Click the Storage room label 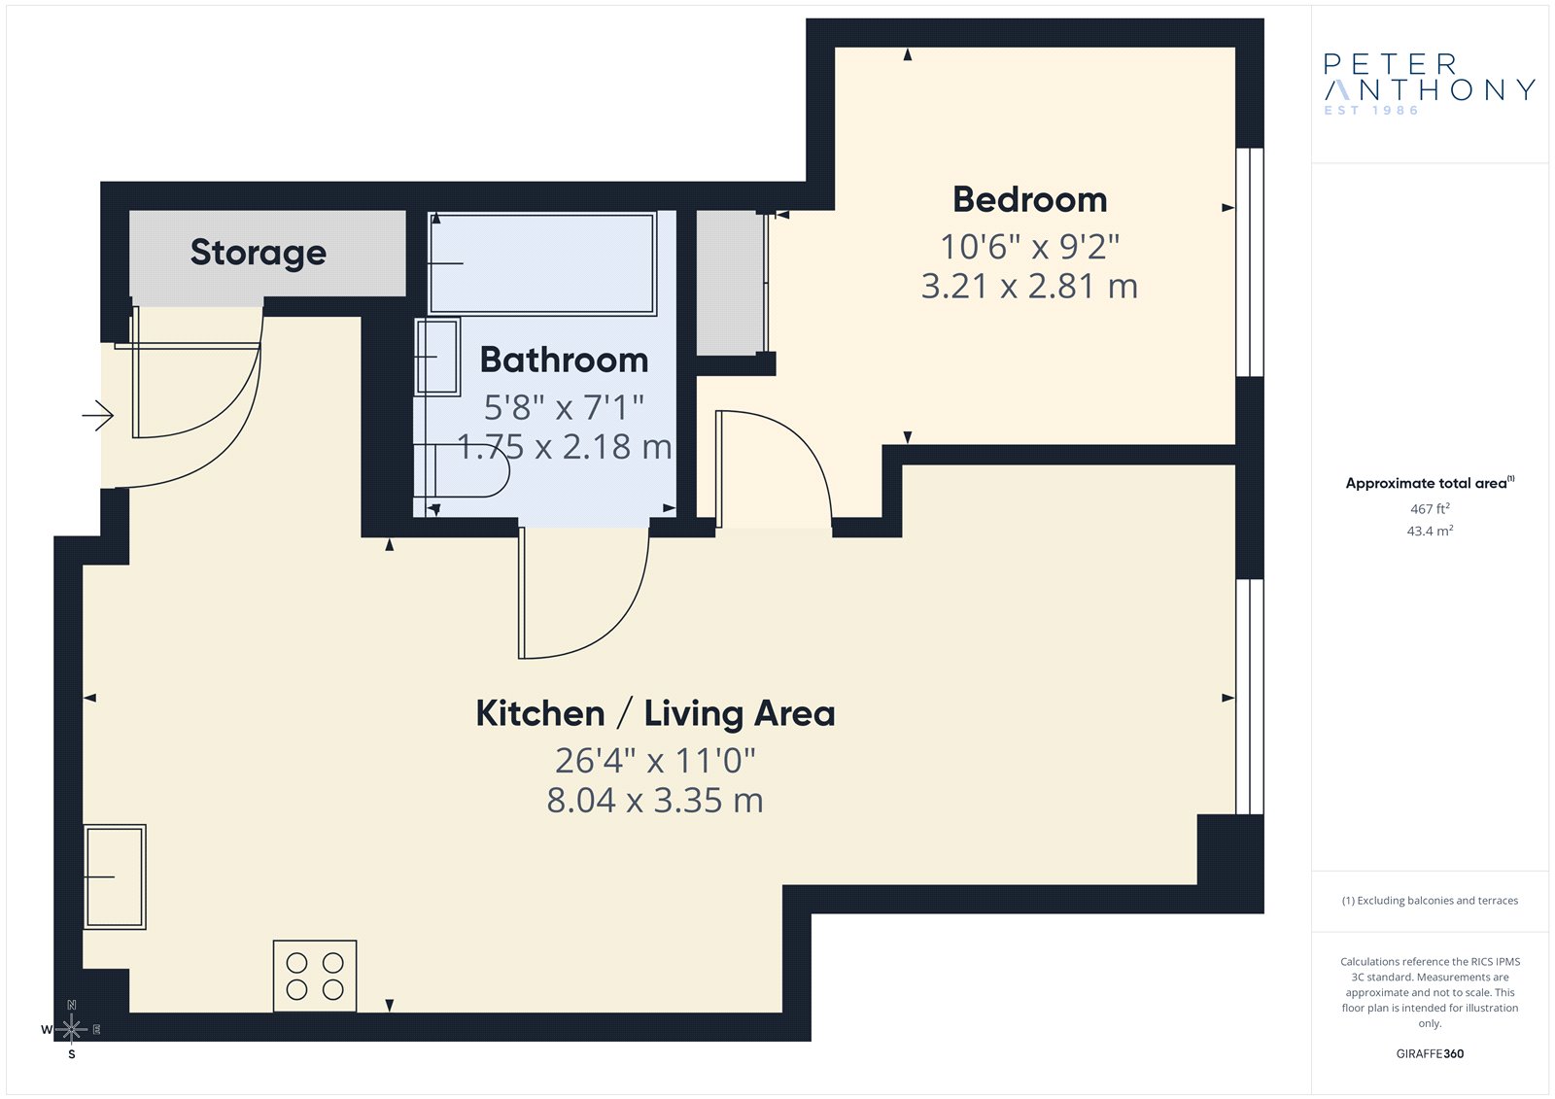pyautogui.click(x=259, y=253)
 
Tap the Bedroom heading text pyautogui.click(x=1029, y=200)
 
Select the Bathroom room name pyautogui.click(x=564, y=360)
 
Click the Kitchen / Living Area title pyautogui.click(x=655, y=713)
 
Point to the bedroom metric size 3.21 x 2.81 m pyautogui.click(x=1029, y=286)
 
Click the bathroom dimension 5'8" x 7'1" pyautogui.click(x=564, y=407)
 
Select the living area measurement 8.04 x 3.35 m pyautogui.click(x=655, y=800)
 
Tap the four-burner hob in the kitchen pyautogui.click(x=315, y=976)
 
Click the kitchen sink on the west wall pyautogui.click(x=115, y=876)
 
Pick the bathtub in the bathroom pyautogui.click(x=542, y=263)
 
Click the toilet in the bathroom pyautogui.click(x=461, y=470)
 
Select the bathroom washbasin pyautogui.click(x=437, y=357)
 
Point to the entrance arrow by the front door pyautogui.click(x=98, y=416)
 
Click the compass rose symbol pyautogui.click(x=72, y=1029)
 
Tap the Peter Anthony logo pyautogui.click(x=1430, y=84)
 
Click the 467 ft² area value pyautogui.click(x=1430, y=509)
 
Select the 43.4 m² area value pyautogui.click(x=1430, y=532)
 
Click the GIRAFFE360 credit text pyautogui.click(x=1430, y=1053)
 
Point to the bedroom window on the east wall pyautogui.click(x=1250, y=261)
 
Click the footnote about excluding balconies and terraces pyautogui.click(x=1430, y=901)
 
